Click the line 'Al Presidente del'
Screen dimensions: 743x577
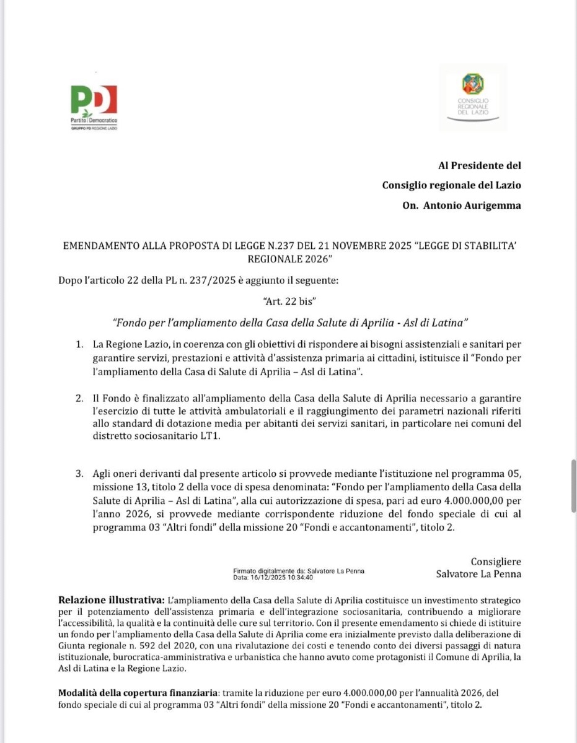pos(479,165)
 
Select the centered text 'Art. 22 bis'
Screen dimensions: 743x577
pos(290,302)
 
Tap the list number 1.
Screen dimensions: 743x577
pos(79,344)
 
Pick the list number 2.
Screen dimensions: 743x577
pos(79,398)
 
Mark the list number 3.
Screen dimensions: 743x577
pos(79,474)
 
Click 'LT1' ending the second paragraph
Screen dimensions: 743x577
pos(211,437)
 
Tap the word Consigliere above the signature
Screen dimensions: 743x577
pos(496,562)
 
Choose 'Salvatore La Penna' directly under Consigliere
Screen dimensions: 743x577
pos(478,574)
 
